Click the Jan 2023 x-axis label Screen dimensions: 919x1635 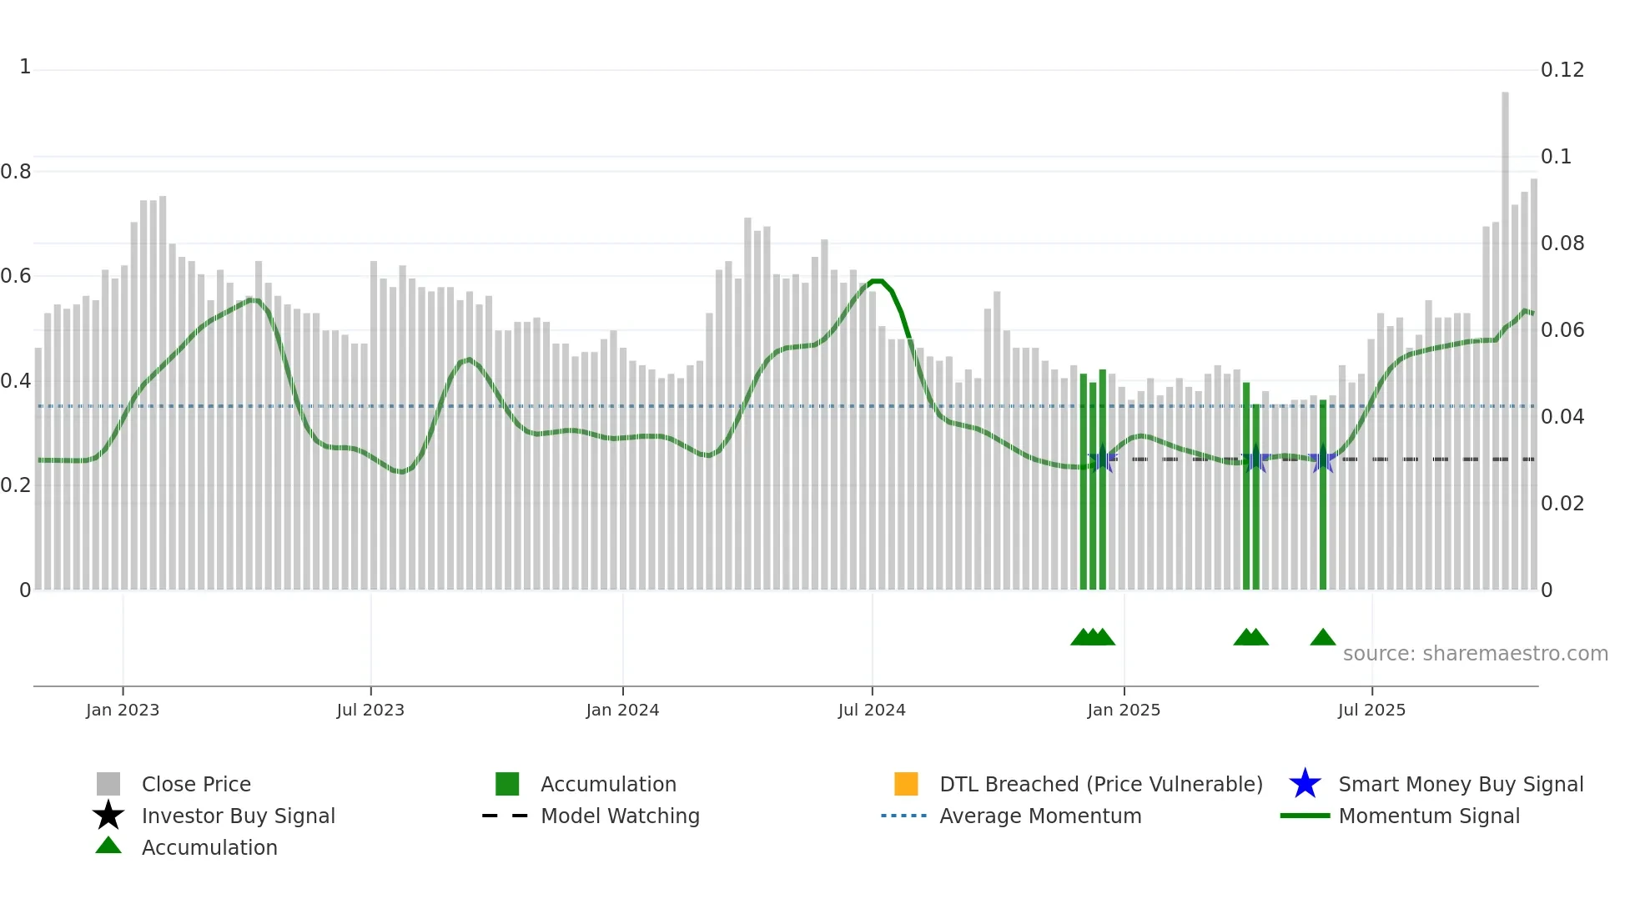pyautogui.click(x=122, y=710)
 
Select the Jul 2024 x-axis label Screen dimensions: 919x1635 pyautogui.click(x=871, y=710)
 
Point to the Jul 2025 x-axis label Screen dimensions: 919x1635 pyautogui.click(x=1371, y=710)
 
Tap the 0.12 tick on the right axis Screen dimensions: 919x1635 pyautogui.click(x=1562, y=70)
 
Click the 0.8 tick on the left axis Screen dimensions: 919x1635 pyautogui.click(x=16, y=172)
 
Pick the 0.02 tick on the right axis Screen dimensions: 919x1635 pyautogui.click(x=1562, y=504)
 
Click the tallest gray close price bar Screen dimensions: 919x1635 pyautogui.click(x=1505, y=334)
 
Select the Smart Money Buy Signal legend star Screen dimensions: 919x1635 pyautogui.click(x=1305, y=784)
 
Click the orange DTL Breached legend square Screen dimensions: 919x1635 pyautogui.click(x=906, y=784)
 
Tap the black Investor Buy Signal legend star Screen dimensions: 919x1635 pyautogui.click(x=108, y=816)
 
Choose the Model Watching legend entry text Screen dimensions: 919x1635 pyautogui.click(x=620, y=816)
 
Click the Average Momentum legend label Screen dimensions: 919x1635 pyautogui.click(x=1040, y=816)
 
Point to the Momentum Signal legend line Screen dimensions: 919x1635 pyautogui.click(x=1305, y=816)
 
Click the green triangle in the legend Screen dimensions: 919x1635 pyautogui.click(x=108, y=846)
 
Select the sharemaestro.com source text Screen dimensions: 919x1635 pyautogui.click(x=1475, y=654)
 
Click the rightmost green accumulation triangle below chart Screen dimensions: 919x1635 pyautogui.click(x=1322, y=638)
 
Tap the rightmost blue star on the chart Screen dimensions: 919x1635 pyautogui.click(x=1322, y=459)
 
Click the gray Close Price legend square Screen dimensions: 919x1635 pyautogui.click(x=108, y=784)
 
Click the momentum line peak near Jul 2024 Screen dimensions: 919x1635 pyautogui.click(x=876, y=281)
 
